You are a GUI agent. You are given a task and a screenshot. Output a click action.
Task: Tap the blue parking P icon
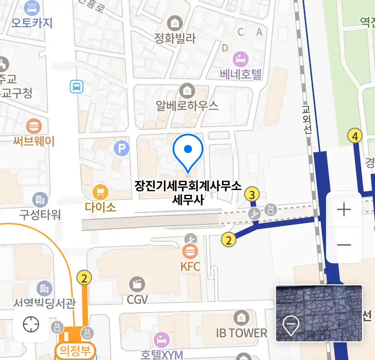pyautogui.click(x=121, y=148)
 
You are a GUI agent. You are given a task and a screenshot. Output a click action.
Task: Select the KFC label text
pyautogui.click(x=190, y=267)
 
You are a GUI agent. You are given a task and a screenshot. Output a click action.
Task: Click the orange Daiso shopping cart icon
pyautogui.click(x=100, y=192)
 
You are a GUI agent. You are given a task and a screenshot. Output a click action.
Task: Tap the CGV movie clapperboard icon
pyautogui.click(x=137, y=284)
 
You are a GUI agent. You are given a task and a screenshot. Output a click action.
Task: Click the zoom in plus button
pyautogui.click(x=344, y=210)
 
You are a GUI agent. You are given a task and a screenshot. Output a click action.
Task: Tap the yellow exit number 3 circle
pyautogui.click(x=252, y=194)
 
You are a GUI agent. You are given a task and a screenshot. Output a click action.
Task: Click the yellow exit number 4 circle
pyautogui.click(x=355, y=136)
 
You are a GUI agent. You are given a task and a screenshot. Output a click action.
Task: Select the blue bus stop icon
pyautogui.click(x=76, y=87)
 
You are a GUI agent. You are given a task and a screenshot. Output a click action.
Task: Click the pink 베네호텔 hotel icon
pyautogui.click(x=240, y=59)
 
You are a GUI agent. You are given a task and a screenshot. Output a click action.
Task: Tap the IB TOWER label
pyautogui.click(x=241, y=333)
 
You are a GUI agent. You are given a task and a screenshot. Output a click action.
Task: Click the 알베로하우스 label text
pyautogui.click(x=187, y=106)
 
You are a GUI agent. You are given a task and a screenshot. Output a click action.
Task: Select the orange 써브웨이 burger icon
pyautogui.click(x=34, y=126)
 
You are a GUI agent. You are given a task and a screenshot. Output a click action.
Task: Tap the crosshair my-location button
pyautogui.click(x=31, y=324)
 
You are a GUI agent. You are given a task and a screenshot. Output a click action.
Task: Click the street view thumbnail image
pyautogui.click(x=319, y=313)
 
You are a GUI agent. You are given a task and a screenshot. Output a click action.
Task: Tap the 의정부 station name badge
pyautogui.click(x=75, y=351)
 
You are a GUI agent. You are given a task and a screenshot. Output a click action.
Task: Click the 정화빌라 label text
pyautogui.click(x=175, y=38)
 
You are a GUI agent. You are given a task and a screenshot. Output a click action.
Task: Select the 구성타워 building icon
pyautogui.click(x=40, y=200)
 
